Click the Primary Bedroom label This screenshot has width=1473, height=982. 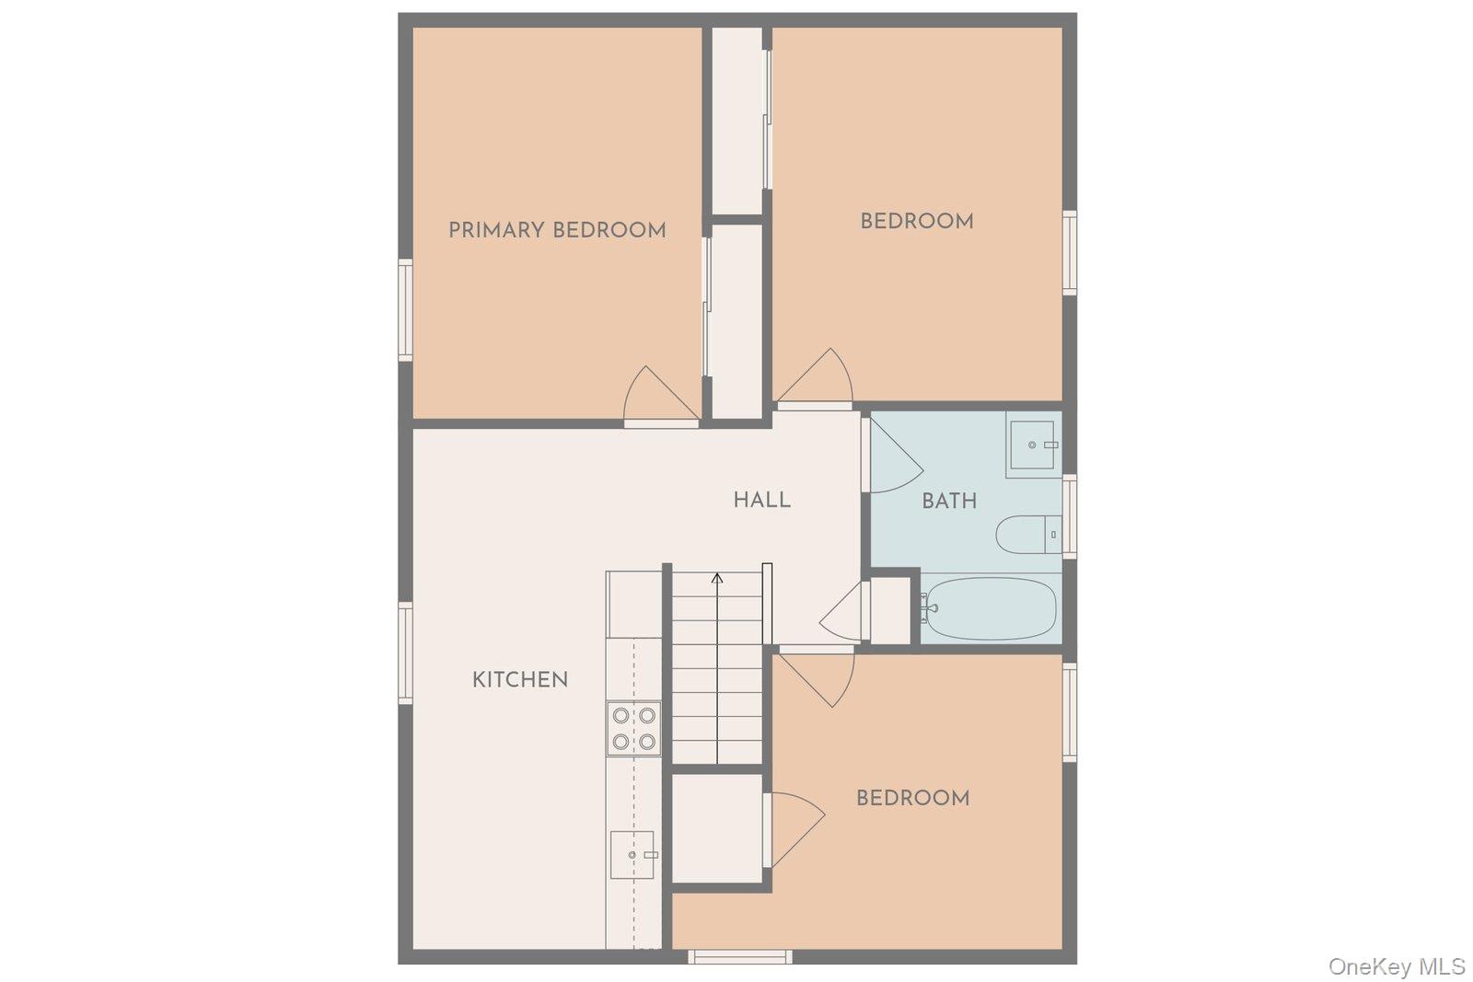click(x=557, y=230)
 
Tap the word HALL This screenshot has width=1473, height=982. click(x=761, y=500)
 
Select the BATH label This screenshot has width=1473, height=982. click(x=949, y=501)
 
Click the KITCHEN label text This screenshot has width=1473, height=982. click(x=520, y=680)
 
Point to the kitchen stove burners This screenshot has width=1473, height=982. click(x=633, y=728)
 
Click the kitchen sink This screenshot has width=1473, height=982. click(x=632, y=855)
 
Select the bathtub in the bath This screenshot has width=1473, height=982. click(x=991, y=608)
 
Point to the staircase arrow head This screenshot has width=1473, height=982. click(x=717, y=578)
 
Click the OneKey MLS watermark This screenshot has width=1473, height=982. click(x=1396, y=966)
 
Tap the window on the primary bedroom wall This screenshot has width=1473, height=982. click(x=405, y=309)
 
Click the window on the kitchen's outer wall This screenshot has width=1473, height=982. click(x=405, y=653)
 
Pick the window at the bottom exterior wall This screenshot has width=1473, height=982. click(x=740, y=957)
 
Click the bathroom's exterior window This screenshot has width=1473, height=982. click(x=1069, y=515)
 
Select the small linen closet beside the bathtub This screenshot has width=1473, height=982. click(x=890, y=609)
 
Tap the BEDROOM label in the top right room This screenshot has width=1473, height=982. click(x=916, y=221)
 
